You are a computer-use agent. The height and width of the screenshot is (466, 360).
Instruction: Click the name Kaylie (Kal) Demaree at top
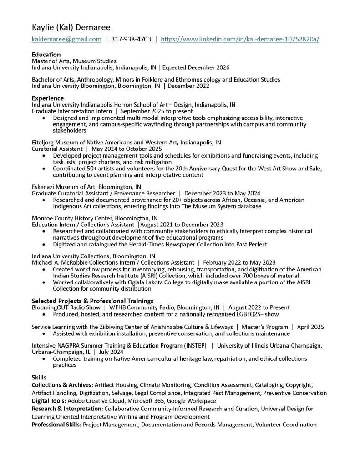(x=71, y=27)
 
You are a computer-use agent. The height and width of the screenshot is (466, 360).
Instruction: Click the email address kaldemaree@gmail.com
(x=66, y=39)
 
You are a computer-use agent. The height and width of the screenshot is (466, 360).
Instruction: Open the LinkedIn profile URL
(x=240, y=39)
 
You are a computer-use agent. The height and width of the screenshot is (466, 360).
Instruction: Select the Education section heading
(x=46, y=55)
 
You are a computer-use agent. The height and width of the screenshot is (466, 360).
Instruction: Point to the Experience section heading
(x=47, y=98)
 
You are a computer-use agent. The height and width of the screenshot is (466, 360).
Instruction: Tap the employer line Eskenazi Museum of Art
(x=86, y=187)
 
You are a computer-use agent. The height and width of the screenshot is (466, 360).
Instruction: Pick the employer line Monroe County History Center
(x=95, y=218)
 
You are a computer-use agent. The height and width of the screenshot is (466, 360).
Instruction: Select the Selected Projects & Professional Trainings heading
(x=92, y=301)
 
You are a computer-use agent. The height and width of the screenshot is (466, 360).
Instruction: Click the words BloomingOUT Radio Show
(x=66, y=307)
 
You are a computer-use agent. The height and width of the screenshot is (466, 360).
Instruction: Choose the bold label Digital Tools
(x=48, y=401)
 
